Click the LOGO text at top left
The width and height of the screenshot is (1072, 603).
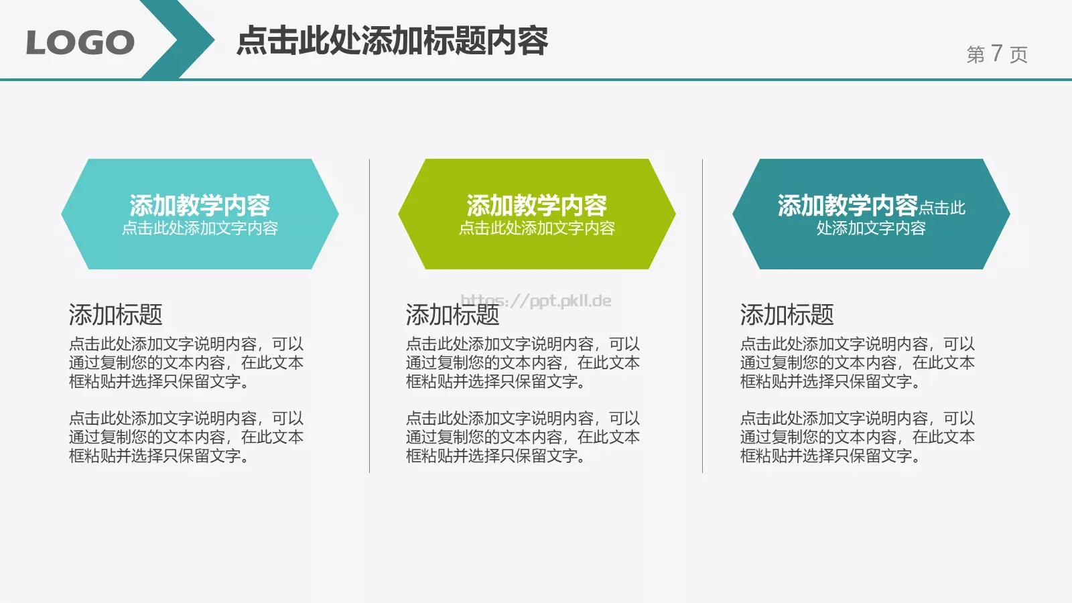80,43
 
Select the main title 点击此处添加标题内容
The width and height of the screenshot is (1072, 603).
392,41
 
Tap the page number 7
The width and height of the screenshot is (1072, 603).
996,53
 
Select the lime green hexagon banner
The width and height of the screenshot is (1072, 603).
536,251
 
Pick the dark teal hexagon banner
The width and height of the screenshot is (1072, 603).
871,251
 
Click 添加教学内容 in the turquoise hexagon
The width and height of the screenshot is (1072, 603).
200,204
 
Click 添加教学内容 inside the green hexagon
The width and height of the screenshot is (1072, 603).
537,204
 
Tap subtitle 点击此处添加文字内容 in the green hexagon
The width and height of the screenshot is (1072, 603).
537,228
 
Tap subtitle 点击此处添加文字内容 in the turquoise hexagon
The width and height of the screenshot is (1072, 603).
200,228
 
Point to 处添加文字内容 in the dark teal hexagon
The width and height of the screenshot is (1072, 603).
870,228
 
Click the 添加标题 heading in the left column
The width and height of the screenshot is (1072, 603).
115,314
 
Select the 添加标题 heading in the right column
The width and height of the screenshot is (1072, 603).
787,314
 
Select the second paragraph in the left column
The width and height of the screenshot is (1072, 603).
186,437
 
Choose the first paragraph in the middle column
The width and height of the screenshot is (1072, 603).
523,362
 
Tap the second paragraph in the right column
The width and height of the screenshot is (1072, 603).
857,437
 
